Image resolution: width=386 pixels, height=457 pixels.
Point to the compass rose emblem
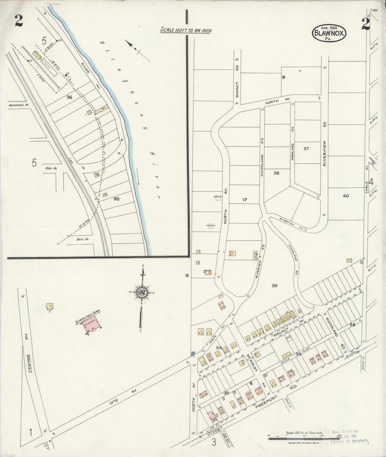[141, 292]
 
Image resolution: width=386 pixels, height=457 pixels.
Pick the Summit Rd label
[237, 80]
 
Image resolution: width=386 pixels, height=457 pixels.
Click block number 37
[306, 149]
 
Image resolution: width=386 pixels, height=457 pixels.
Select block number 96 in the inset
[69, 97]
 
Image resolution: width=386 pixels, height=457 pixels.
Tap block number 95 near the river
[116, 199]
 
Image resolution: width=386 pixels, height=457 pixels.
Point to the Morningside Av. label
[18, 105]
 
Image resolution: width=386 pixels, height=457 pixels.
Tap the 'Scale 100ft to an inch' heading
[186, 30]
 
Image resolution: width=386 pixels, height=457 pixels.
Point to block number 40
[346, 196]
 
